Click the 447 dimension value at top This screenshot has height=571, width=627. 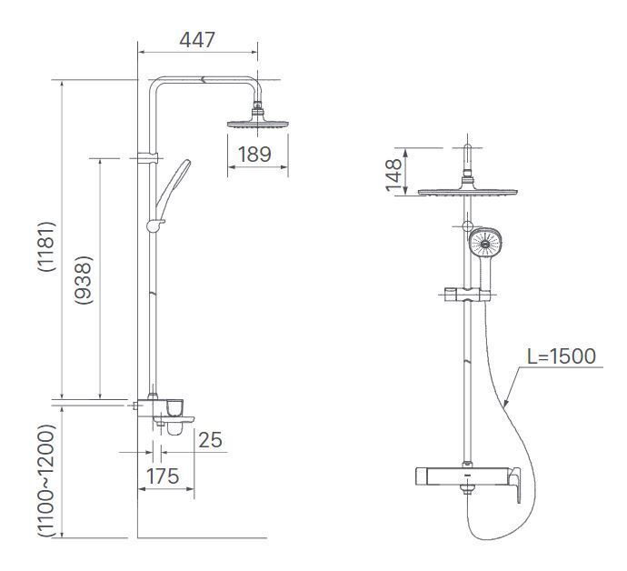[x=197, y=39]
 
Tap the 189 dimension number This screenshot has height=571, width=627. [x=254, y=155]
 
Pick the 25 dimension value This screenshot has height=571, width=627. [x=209, y=440]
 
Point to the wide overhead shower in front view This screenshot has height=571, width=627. [x=467, y=192]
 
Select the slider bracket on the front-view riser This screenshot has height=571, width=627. [x=467, y=295]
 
